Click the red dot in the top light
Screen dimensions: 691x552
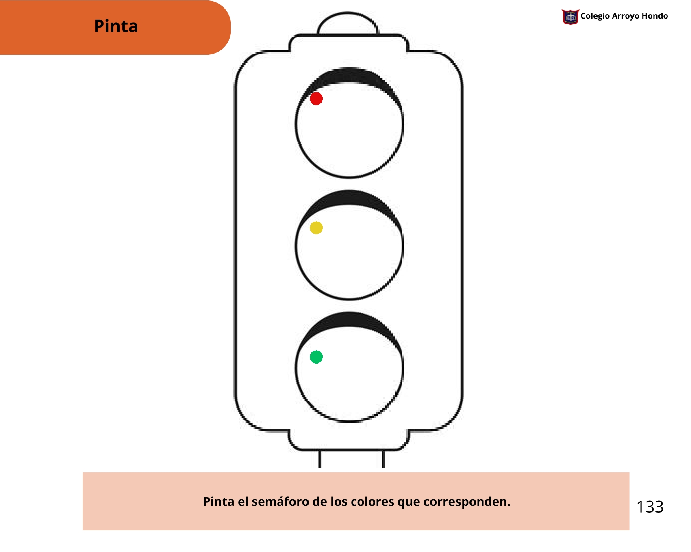click(x=316, y=99)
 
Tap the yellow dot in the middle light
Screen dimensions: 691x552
click(x=316, y=228)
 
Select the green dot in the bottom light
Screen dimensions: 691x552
click(x=316, y=357)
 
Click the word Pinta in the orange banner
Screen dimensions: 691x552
click(x=116, y=26)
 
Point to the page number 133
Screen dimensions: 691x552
click(x=650, y=507)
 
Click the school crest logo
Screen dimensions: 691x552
click(x=570, y=17)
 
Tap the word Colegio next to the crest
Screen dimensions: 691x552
click(x=595, y=16)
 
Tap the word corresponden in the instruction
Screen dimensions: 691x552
click(x=467, y=502)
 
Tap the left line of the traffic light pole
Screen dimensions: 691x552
click(x=320, y=459)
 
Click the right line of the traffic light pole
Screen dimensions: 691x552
click(x=383, y=459)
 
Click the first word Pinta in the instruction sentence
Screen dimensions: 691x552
click(x=218, y=502)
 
